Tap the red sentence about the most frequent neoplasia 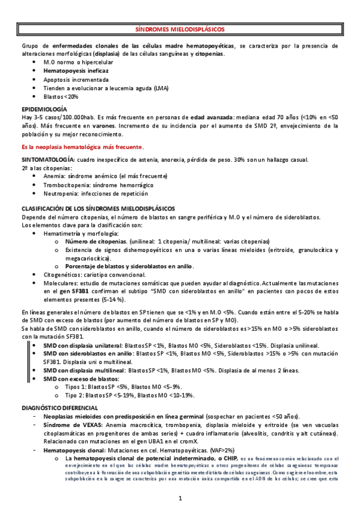point(82,147)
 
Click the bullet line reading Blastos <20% point(61,96)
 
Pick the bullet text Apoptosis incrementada point(76,79)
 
